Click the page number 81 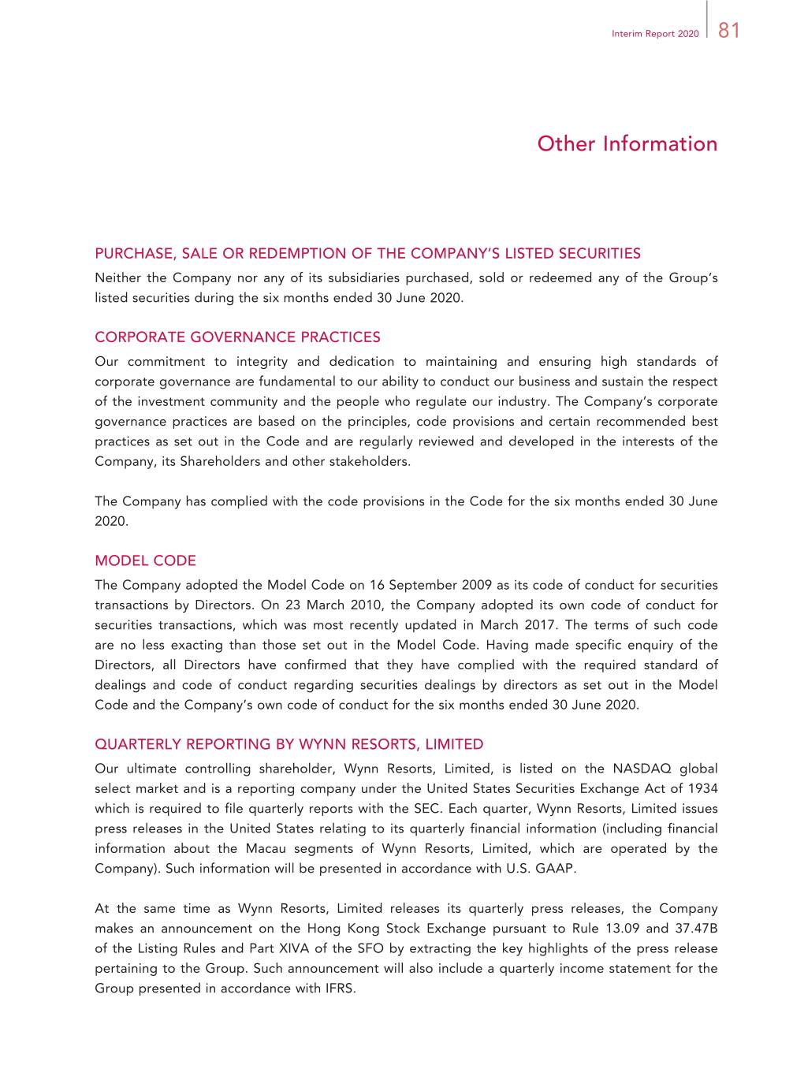click(x=729, y=30)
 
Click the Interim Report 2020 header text click(x=654, y=34)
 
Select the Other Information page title click(x=627, y=143)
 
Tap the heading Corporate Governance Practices click(x=237, y=337)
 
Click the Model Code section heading click(x=145, y=561)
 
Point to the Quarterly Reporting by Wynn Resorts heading click(x=289, y=744)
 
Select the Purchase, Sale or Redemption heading click(x=367, y=254)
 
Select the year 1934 click(x=702, y=788)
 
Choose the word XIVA click(x=296, y=948)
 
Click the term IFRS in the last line click(x=340, y=989)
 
